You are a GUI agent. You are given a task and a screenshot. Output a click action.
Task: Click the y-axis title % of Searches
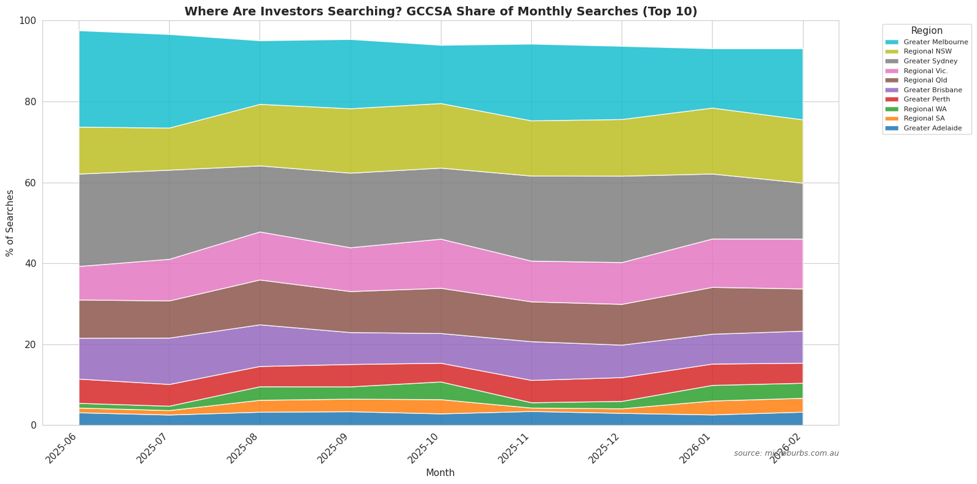[x=10, y=223]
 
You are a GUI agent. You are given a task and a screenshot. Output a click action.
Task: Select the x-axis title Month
[x=440, y=473]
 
